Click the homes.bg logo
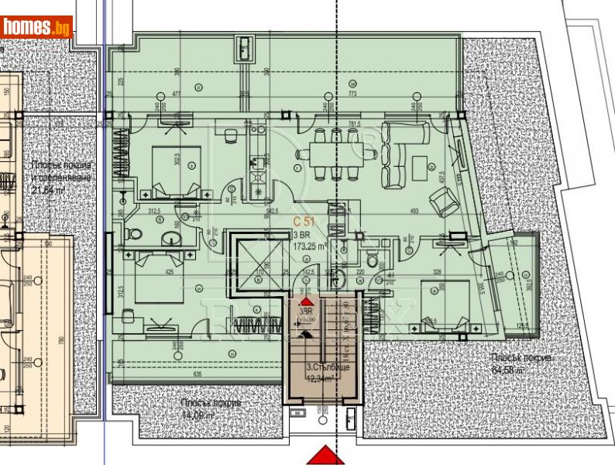37,28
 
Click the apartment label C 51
303,222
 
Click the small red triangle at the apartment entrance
307,301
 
